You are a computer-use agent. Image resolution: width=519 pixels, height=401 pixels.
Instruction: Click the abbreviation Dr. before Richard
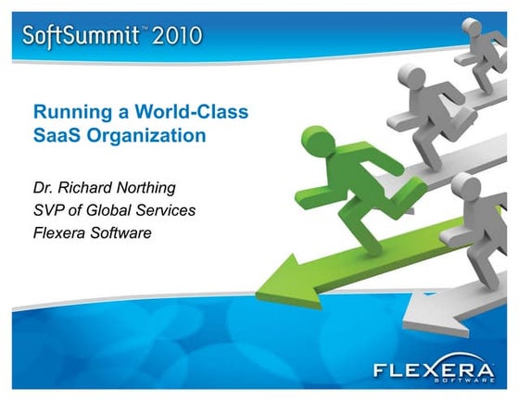pos(44,188)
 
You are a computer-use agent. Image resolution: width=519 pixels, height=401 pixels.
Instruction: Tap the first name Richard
pos(89,188)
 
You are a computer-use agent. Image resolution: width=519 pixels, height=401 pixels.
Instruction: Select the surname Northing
pos(159,189)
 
